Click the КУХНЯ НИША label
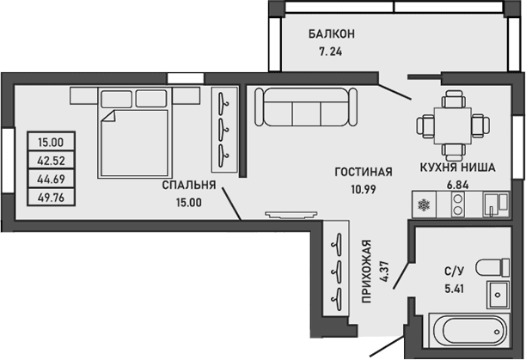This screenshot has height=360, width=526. [456, 168]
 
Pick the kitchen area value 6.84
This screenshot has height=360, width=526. [456, 184]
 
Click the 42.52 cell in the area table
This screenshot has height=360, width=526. [52, 160]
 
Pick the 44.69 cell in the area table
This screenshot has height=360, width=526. [52, 178]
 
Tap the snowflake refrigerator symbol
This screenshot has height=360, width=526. [422, 204]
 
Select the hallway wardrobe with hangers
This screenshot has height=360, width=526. [337, 268]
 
